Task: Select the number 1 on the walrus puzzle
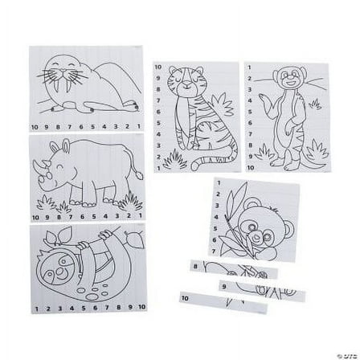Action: (139, 127)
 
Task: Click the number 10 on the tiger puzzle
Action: (158, 67)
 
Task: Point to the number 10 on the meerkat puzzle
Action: (250, 168)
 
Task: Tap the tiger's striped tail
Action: (204, 161)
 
